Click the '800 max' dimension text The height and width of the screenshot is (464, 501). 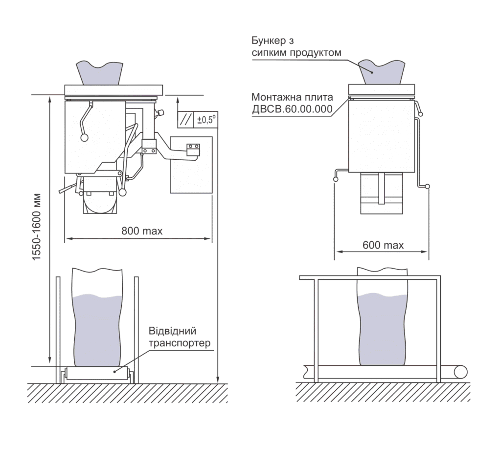click(142, 231)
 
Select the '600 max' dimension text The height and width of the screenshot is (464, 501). click(383, 245)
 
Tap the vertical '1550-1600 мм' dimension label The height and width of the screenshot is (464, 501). click(37, 227)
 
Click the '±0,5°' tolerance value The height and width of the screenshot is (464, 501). click(206, 120)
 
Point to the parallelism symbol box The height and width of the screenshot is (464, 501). click(185, 120)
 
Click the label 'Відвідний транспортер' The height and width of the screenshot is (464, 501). click(180, 337)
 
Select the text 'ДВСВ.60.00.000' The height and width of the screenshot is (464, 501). click(293, 109)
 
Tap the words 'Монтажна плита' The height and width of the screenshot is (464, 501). click(293, 97)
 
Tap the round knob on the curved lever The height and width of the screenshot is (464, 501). click(84, 137)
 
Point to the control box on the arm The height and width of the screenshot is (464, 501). click(193, 149)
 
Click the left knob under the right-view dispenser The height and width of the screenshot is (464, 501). click(336, 180)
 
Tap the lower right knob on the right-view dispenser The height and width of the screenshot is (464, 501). click(428, 187)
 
